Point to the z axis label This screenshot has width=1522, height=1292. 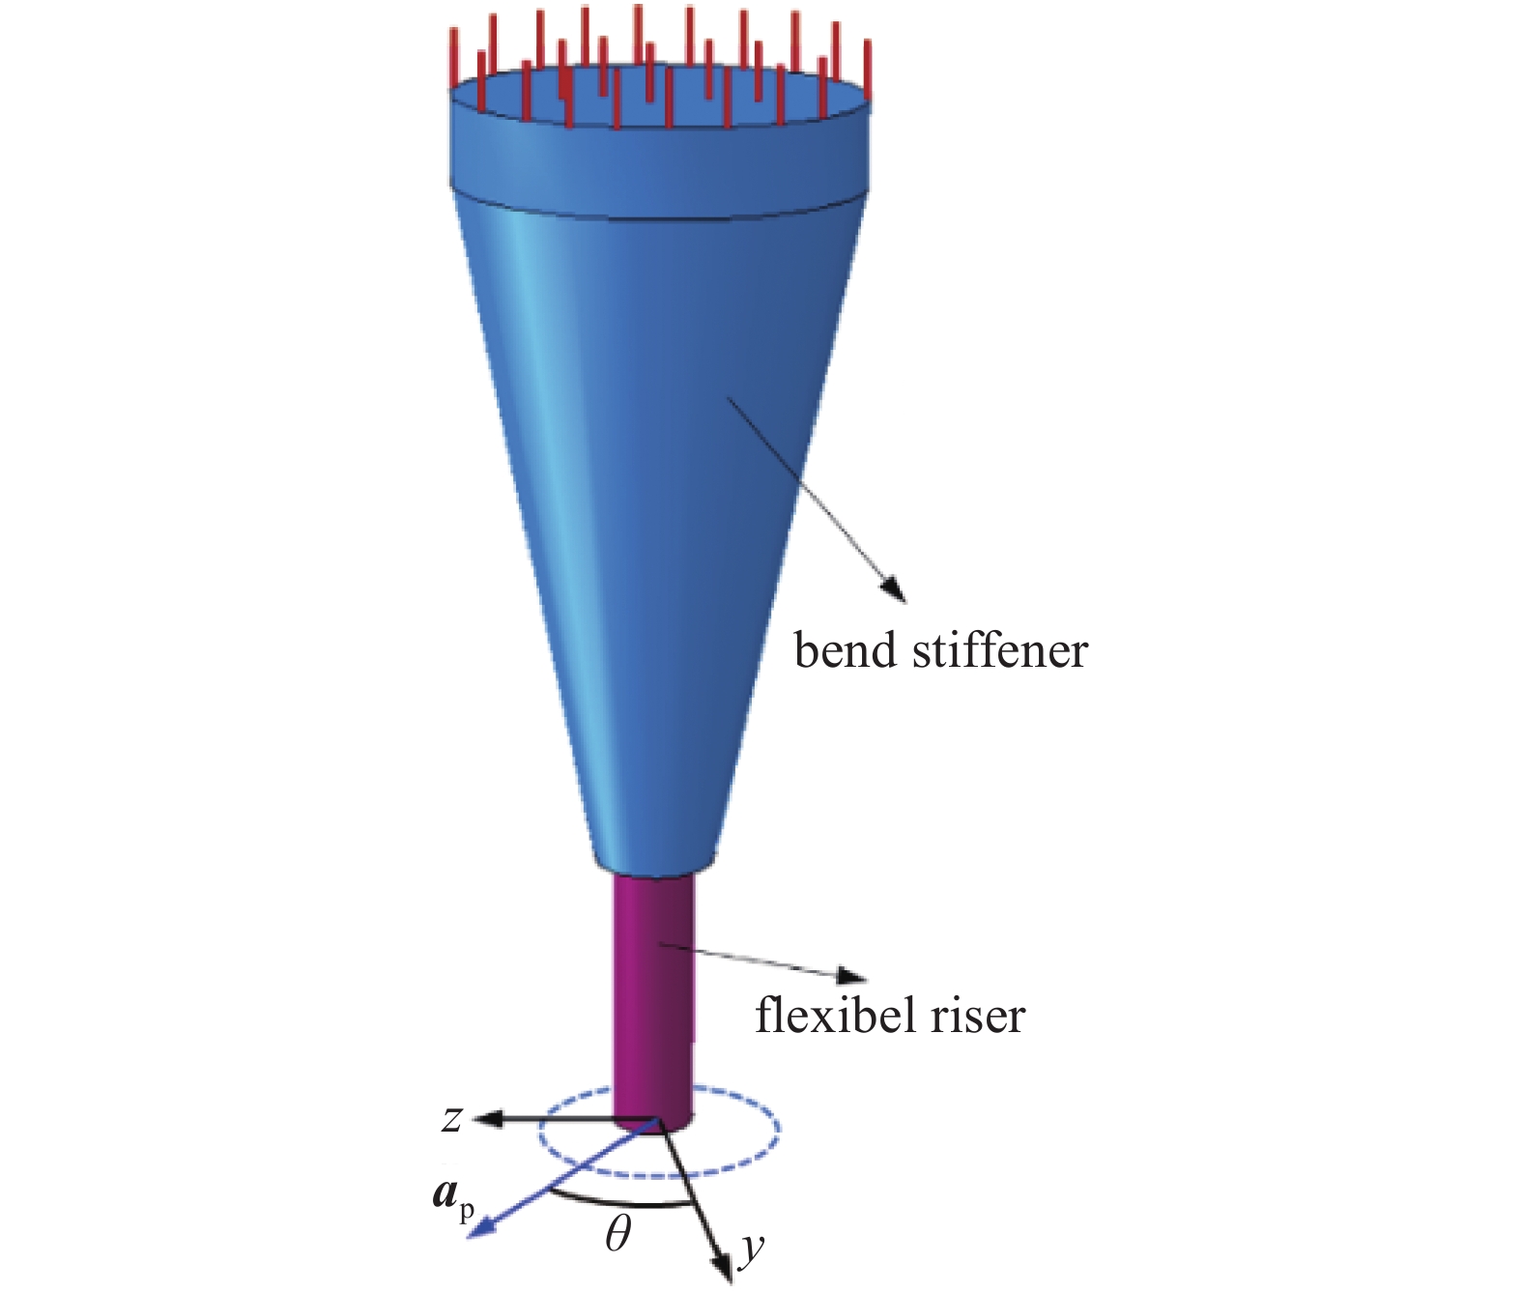click(x=451, y=1119)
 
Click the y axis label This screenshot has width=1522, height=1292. click(x=751, y=1249)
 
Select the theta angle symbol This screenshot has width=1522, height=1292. click(x=617, y=1234)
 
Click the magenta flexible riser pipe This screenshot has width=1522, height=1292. click(x=654, y=995)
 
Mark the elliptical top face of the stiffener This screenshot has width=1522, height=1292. click(x=667, y=97)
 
